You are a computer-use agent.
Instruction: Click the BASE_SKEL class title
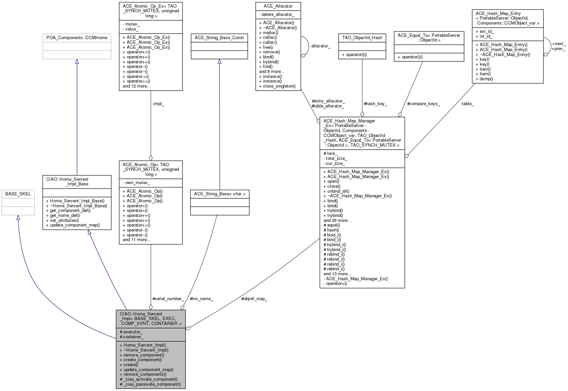[x=18, y=194]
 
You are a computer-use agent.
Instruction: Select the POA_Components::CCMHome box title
[x=77, y=38]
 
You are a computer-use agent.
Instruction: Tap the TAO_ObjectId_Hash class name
[x=362, y=38]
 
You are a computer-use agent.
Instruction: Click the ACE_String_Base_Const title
[x=219, y=38]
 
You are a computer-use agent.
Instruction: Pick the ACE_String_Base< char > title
[x=220, y=194]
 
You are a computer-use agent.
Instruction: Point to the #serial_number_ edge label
[x=168, y=298]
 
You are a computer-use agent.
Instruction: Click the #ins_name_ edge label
[x=201, y=298]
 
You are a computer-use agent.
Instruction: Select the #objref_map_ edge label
[x=254, y=298]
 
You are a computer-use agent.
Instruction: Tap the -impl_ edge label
[x=158, y=104]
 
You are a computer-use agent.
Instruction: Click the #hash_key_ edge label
[x=375, y=104]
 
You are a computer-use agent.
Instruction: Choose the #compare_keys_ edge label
[x=424, y=104]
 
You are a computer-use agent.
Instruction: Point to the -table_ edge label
[x=467, y=104]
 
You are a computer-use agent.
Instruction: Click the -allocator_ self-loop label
[x=320, y=46]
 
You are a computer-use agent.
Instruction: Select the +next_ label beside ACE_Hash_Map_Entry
[x=559, y=44]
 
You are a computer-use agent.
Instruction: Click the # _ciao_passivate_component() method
[x=150, y=384]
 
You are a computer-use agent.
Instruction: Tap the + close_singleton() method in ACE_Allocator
[x=277, y=86]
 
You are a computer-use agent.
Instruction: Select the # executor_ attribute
[x=131, y=332]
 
